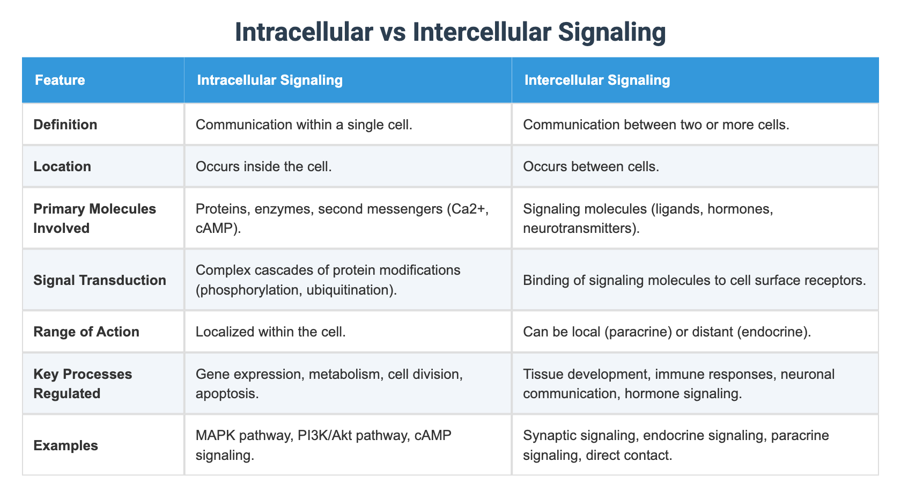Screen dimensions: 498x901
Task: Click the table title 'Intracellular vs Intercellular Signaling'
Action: [x=450, y=32]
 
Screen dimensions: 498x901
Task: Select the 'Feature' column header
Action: [x=60, y=80]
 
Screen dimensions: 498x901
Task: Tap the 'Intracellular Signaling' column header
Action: [x=270, y=80]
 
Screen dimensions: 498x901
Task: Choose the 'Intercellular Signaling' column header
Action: [x=597, y=80]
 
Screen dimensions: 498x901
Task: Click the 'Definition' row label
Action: [x=65, y=124]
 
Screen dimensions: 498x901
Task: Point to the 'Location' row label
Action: [x=62, y=166]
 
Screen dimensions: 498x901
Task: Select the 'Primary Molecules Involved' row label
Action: [x=94, y=218]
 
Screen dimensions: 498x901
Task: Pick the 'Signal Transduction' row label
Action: [x=100, y=280]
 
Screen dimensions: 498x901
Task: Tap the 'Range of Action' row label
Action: [x=86, y=332]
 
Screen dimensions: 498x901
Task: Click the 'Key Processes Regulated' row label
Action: [x=83, y=384]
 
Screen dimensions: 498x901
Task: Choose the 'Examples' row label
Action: [x=65, y=445]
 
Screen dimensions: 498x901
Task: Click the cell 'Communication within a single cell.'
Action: [x=304, y=124]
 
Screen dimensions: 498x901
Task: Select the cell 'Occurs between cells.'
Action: [x=591, y=166]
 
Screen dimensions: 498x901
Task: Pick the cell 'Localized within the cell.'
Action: [x=271, y=332]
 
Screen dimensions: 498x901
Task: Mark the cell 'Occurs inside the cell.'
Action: [x=264, y=166]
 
